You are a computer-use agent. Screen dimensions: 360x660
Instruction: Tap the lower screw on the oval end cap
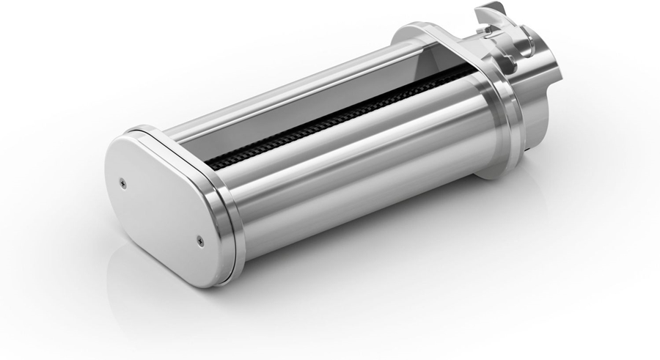coord(200,237)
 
